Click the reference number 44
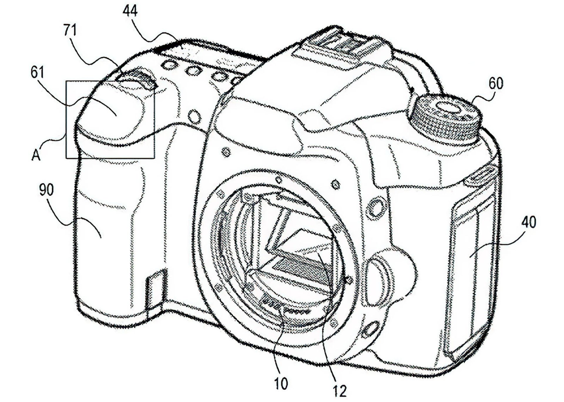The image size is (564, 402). (130, 11)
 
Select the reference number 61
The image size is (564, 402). (37, 72)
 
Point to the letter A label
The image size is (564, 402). (36, 155)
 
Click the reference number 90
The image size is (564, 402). (46, 190)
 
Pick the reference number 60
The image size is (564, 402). (496, 83)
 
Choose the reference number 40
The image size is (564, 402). (528, 222)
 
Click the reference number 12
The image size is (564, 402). (340, 391)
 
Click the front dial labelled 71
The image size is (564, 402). (138, 78)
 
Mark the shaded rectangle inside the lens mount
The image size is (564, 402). (303, 269)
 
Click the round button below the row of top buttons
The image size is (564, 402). (194, 116)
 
